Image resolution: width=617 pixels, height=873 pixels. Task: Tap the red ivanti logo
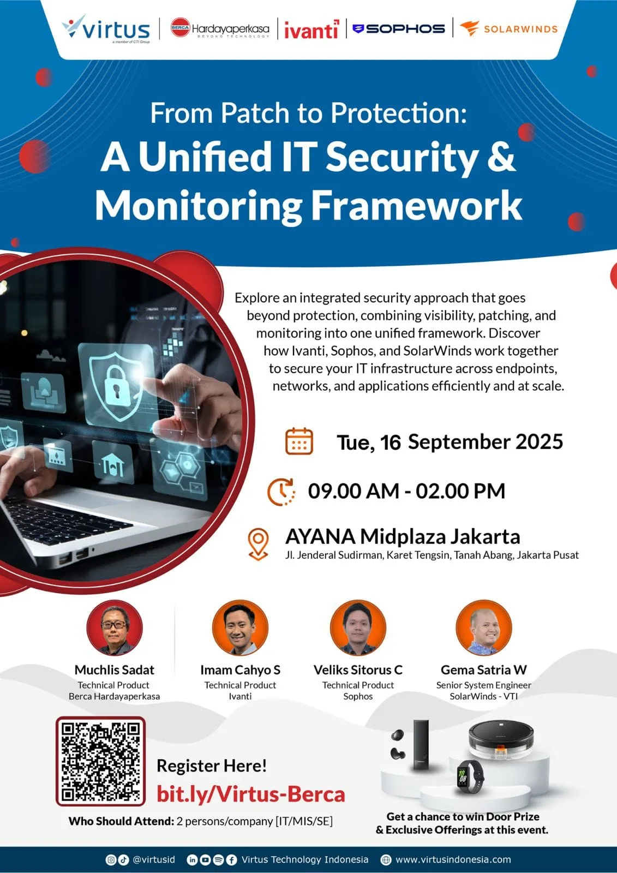click(312, 29)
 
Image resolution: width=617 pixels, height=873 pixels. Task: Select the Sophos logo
click(398, 29)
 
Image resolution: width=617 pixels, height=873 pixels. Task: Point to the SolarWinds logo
click(508, 29)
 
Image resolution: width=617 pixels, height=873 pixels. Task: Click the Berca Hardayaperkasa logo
click(220, 28)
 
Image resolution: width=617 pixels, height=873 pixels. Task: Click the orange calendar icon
click(299, 441)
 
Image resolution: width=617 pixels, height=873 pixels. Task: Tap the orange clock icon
click(281, 492)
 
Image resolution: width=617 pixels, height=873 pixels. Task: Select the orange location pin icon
click(258, 544)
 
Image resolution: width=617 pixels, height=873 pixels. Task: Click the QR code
click(100, 761)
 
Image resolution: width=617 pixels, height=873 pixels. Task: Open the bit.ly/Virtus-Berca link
click(251, 794)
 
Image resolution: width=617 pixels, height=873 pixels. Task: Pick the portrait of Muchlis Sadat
click(115, 627)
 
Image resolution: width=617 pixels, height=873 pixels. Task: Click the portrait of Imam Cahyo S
click(240, 627)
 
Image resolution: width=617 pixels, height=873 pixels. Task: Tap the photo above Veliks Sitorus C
click(358, 627)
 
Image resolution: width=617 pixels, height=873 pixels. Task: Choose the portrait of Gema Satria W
click(484, 627)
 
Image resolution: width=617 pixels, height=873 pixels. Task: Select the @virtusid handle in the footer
click(153, 859)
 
